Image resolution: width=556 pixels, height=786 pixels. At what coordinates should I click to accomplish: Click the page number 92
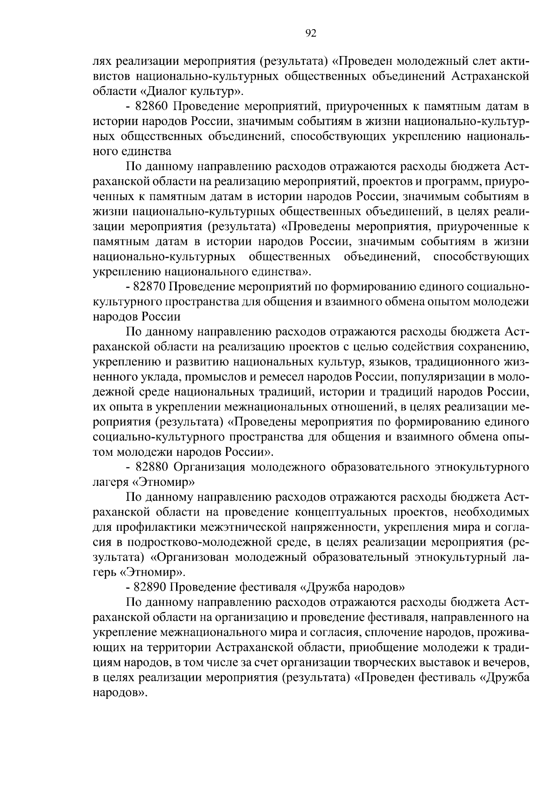(x=311, y=32)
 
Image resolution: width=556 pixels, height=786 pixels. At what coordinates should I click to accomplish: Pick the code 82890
(x=149, y=587)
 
